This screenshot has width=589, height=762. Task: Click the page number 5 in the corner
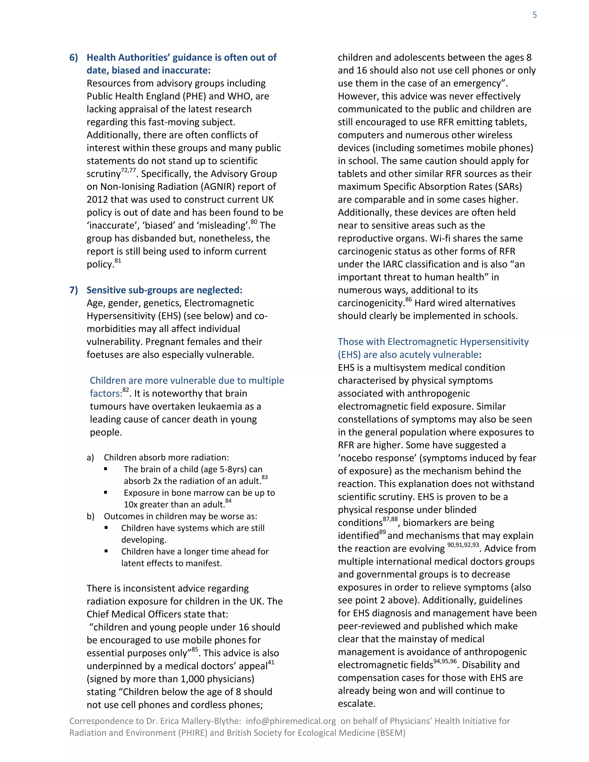point(534,15)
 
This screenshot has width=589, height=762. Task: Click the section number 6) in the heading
point(74,58)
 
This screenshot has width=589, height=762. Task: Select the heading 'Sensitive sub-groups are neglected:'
point(164,290)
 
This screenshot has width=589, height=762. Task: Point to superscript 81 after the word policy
point(118,261)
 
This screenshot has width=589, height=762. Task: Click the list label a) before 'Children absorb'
point(90,457)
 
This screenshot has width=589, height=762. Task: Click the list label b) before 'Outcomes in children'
point(90,516)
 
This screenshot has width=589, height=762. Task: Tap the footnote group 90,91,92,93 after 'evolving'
point(463,545)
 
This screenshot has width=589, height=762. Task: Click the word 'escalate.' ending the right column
point(356,704)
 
